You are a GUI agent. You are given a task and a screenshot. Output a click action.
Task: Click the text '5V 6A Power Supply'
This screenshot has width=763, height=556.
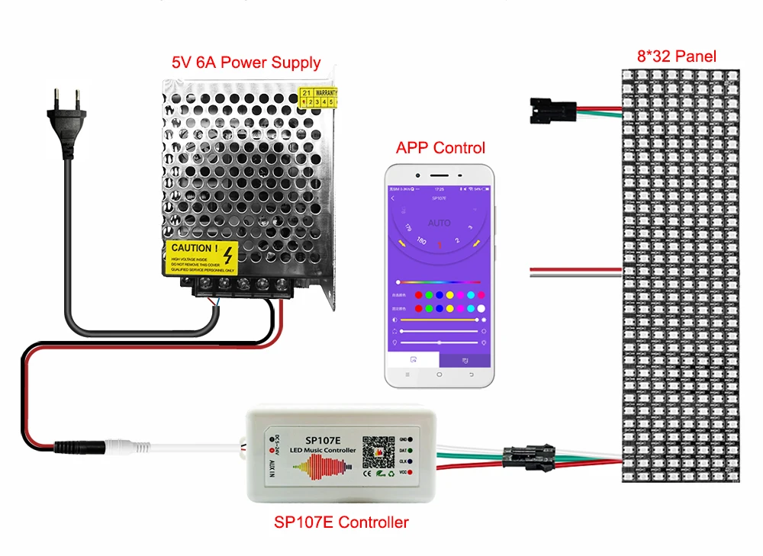[x=246, y=63]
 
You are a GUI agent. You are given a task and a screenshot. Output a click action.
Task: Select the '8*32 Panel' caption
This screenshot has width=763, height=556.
[x=677, y=56]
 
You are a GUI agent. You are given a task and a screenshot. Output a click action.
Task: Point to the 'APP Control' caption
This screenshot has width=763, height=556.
[x=440, y=147]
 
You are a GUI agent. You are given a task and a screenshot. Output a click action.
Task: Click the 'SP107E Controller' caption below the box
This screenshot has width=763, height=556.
[x=341, y=522]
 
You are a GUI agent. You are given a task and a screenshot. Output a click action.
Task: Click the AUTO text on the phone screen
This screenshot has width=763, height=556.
[x=439, y=223]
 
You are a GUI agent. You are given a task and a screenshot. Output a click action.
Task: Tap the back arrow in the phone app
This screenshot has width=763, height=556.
[x=393, y=198]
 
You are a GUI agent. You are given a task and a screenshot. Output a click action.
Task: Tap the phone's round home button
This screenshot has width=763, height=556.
[x=439, y=375]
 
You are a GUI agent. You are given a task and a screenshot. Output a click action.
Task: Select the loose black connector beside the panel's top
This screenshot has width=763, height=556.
[x=547, y=111]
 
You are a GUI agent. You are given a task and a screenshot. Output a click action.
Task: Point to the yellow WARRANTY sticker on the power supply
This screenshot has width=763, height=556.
[x=319, y=96]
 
